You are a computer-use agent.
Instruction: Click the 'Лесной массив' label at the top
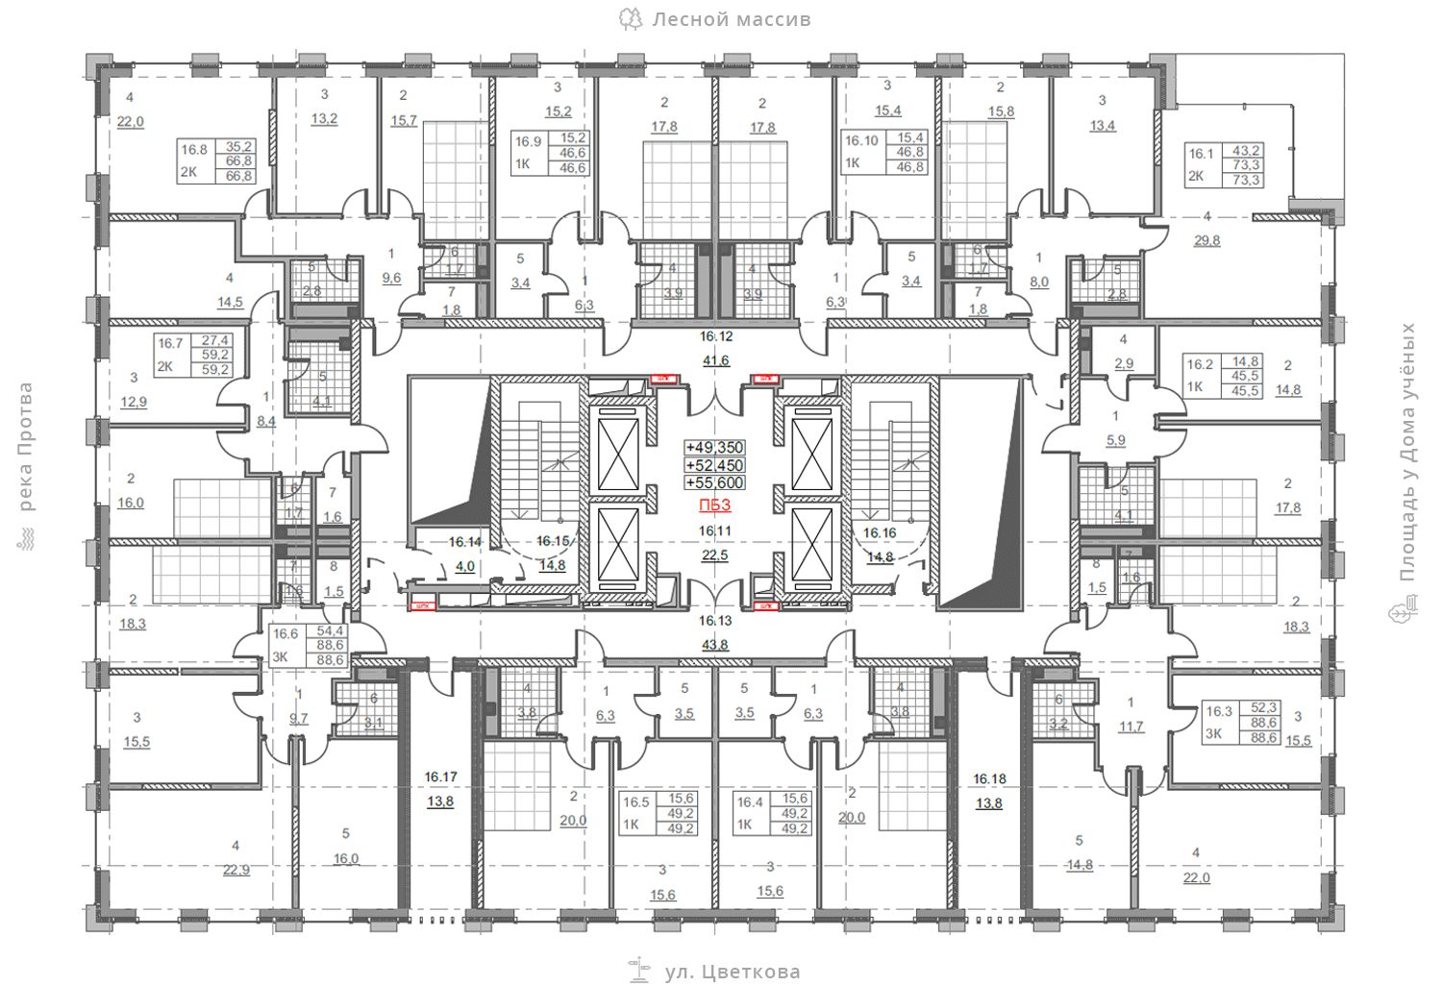click(x=731, y=19)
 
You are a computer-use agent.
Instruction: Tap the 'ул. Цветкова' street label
click(x=732, y=972)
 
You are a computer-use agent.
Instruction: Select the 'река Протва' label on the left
click(x=25, y=447)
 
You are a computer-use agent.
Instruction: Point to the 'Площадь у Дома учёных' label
click(x=1408, y=452)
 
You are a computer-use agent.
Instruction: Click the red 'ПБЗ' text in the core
click(x=714, y=505)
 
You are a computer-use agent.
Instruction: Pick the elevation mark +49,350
click(x=714, y=448)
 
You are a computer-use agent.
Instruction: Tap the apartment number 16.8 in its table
click(x=194, y=150)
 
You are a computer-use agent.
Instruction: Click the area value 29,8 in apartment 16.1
click(x=1206, y=240)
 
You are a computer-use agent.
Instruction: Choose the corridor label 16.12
click(x=715, y=337)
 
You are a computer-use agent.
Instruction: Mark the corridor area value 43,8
click(x=715, y=645)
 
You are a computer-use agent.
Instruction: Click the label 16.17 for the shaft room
click(x=440, y=776)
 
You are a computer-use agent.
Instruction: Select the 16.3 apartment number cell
click(x=1218, y=712)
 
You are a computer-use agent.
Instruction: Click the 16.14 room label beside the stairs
click(x=464, y=542)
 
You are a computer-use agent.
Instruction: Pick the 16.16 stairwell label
click(x=880, y=532)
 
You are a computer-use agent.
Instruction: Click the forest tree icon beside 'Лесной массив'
click(x=631, y=19)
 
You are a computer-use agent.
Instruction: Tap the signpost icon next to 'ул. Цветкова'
click(x=637, y=971)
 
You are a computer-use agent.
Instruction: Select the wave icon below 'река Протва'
click(x=25, y=543)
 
